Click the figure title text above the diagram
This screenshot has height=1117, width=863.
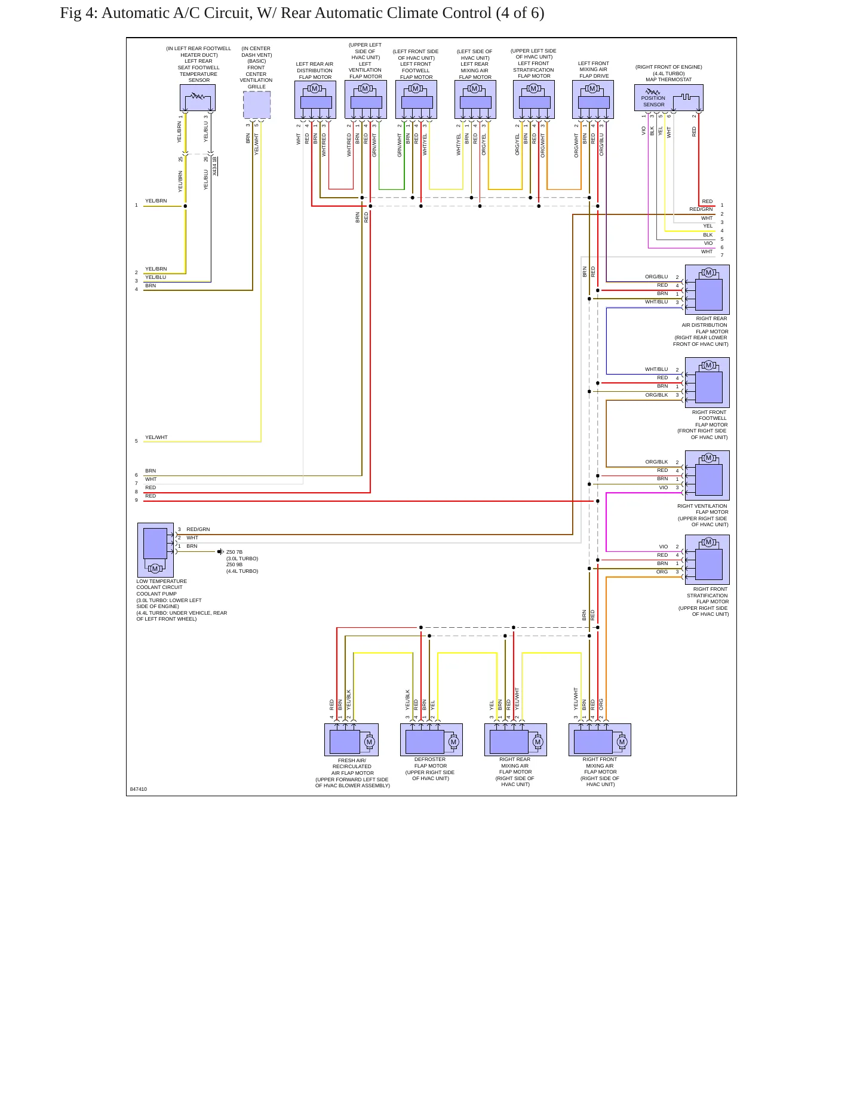[302, 13]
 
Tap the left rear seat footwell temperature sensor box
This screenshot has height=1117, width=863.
[198, 97]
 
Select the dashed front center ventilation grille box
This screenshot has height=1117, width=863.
[257, 105]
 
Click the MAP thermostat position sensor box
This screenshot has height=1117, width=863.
[668, 98]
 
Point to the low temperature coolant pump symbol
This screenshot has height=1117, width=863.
[155, 550]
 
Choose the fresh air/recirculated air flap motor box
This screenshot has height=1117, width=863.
[351, 739]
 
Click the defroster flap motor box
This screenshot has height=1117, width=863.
[431, 739]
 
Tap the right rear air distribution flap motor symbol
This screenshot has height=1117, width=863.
[707, 290]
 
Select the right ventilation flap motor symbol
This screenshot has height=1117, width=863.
[707, 475]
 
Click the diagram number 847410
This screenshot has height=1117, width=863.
[139, 789]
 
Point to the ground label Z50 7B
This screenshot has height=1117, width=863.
[235, 553]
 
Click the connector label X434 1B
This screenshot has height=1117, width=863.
[215, 166]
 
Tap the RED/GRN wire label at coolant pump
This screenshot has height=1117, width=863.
[198, 529]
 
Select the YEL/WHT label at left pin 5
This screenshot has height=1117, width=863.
[156, 437]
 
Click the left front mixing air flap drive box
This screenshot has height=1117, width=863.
[593, 100]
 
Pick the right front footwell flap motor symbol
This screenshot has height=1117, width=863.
[707, 382]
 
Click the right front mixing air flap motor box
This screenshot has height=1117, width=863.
[600, 739]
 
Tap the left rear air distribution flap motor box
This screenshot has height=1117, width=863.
[315, 100]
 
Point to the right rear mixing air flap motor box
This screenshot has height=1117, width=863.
[515, 739]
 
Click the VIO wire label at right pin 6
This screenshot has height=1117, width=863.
[708, 243]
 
